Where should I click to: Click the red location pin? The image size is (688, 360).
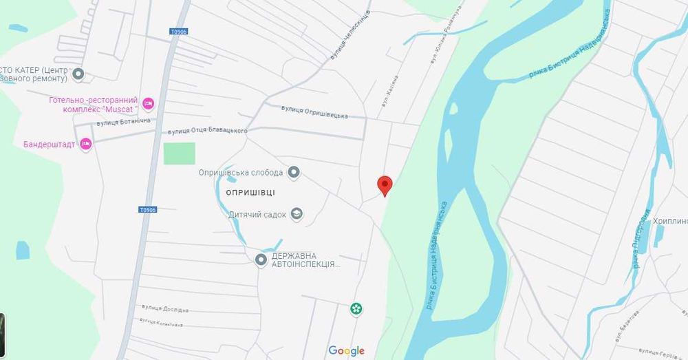pyautogui.click(x=385, y=185)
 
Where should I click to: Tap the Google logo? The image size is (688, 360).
pyautogui.click(x=346, y=351)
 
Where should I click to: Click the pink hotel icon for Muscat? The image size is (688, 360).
pyautogui.click(x=149, y=104)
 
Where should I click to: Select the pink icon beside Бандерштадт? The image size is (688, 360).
pyautogui.click(x=85, y=144)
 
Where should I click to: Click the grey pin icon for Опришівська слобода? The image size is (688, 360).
pyautogui.click(x=294, y=172)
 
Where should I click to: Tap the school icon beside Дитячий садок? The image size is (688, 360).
pyautogui.click(x=297, y=214)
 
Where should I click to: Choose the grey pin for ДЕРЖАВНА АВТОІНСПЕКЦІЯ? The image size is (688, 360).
pyautogui.click(x=261, y=260)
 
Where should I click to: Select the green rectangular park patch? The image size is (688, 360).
pyautogui.click(x=179, y=153)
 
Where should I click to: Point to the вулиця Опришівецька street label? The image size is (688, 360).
pyautogui.click(x=314, y=112)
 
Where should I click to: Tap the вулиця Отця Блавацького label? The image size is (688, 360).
pyautogui.click(x=207, y=131)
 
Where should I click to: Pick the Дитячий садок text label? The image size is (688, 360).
pyautogui.click(x=257, y=215)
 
